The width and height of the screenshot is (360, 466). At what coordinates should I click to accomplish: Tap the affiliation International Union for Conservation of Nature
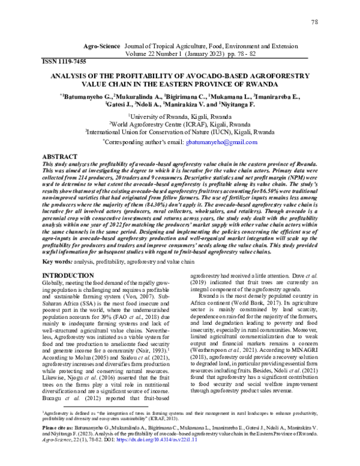179,132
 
